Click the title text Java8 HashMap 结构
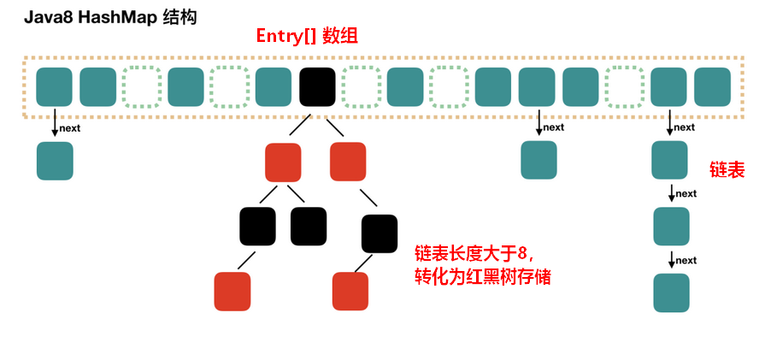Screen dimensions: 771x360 tap(110, 18)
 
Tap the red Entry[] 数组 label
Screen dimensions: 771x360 tap(307, 37)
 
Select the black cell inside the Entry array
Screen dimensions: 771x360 tap(317, 87)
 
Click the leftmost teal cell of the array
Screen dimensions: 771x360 tap(54, 87)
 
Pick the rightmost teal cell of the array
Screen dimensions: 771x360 tap(713, 87)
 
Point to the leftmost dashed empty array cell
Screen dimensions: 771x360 tap(142, 87)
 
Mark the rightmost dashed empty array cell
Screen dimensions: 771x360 tap(625, 87)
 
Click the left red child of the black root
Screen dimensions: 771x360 tap(283, 162)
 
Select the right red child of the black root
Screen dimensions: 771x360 tap(348, 162)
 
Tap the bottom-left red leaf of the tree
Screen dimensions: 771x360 tap(232, 291)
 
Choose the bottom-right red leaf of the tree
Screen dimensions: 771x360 tap(350, 291)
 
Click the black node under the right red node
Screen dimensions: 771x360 tap(380, 233)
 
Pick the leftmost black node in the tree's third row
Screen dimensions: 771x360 tap(257, 227)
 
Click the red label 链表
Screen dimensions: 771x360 tap(727, 169)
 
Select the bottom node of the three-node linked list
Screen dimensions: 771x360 tap(671, 292)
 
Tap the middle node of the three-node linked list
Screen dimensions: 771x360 tap(671, 227)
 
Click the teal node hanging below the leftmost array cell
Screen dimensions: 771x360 tap(55, 161)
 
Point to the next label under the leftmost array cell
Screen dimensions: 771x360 tap(70, 129)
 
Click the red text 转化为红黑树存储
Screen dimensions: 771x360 tap(482, 278)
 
